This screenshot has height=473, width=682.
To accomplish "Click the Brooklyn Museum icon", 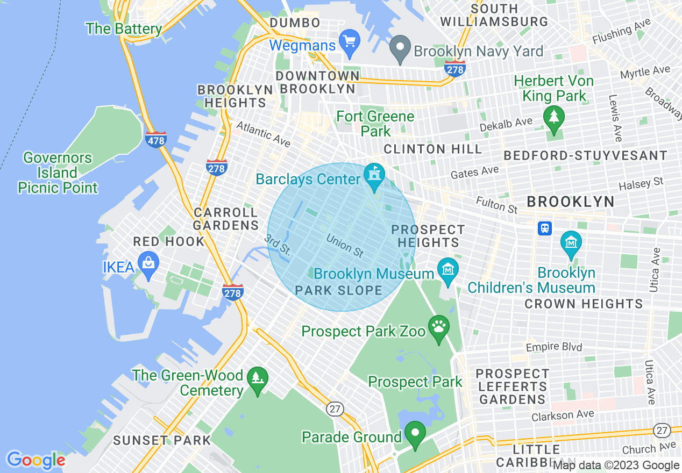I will click(x=447, y=267).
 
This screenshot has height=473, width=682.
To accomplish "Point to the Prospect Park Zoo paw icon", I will click(x=439, y=326).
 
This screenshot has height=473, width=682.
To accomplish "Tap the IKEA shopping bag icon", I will click(x=147, y=263).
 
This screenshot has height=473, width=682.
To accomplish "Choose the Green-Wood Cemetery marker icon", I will click(x=258, y=378).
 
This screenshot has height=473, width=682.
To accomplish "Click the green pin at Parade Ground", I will click(x=415, y=433).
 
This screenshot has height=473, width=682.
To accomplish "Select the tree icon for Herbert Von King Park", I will click(x=553, y=117).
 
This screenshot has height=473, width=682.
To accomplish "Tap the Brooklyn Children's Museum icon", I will click(x=571, y=242).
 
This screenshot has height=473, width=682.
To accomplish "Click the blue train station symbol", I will click(x=545, y=228).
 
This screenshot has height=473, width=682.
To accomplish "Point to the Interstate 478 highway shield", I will click(x=155, y=140).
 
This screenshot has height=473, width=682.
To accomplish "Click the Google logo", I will click(x=35, y=460).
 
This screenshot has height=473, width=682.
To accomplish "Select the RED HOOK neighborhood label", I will click(x=169, y=242).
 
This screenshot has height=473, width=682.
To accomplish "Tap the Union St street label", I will click(x=345, y=245).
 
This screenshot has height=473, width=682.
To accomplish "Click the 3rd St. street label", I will click(x=278, y=245).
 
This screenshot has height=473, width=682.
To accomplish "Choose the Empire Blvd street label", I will click(x=553, y=347).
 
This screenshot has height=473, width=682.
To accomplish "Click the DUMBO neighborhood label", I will click(x=295, y=23).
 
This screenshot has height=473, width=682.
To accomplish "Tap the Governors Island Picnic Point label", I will click(x=58, y=173).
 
